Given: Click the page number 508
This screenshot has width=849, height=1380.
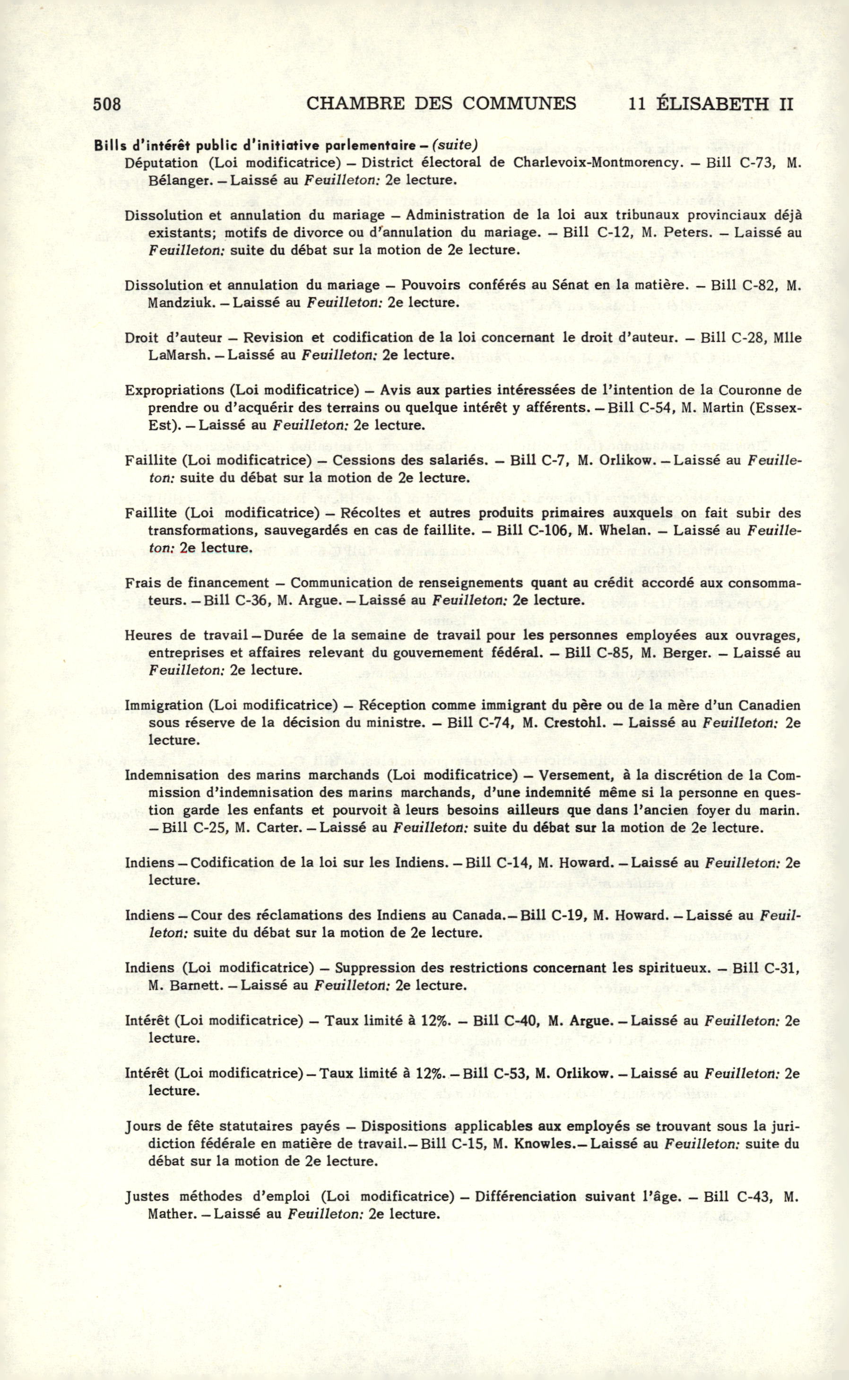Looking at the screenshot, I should [x=107, y=104].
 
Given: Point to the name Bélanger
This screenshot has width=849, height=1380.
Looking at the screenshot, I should [x=173, y=180].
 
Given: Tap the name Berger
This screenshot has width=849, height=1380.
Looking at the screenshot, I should [x=687, y=653].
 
